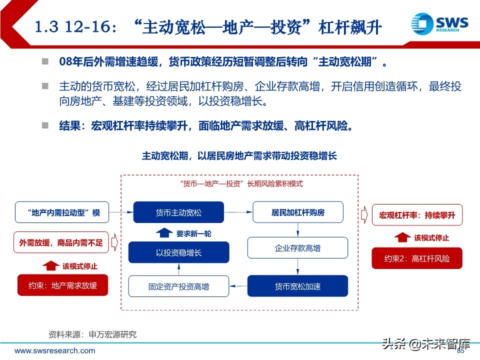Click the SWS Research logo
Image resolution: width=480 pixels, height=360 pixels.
click(x=440, y=24)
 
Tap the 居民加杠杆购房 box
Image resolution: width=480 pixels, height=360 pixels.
click(x=298, y=212)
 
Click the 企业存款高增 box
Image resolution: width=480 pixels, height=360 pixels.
click(x=298, y=248)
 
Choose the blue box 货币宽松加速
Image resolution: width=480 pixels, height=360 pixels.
click(x=298, y=286)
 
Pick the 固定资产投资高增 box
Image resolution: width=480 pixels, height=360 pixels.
click(x=178, y=286)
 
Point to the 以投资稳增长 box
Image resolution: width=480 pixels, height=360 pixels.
click(x=178, y=252)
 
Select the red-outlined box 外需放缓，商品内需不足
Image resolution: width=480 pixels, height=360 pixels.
click(x=61, y=242)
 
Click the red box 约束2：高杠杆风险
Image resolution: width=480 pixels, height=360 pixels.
click(x=417, y=258)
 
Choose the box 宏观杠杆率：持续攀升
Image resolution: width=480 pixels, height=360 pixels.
click(x=417, y=215)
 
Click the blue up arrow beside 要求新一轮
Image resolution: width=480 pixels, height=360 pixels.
click(x=164, y=232)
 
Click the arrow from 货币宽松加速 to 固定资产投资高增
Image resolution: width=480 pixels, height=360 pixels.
click(x=238, y=286)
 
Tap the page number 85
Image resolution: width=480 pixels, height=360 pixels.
click(x=461, y=350)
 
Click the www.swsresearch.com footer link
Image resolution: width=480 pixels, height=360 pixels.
click(x=49, y=351)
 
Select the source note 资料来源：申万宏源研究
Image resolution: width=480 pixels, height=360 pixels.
click(x=92, y=334)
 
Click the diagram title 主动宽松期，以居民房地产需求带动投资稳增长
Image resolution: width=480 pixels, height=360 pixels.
click(x=239, y=156)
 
